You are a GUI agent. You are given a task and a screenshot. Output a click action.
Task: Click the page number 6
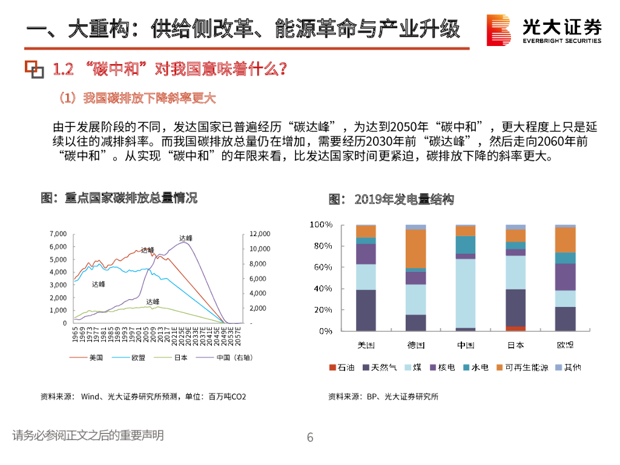point(310,437)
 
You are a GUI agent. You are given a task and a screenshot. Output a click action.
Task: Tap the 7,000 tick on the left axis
point(58,234)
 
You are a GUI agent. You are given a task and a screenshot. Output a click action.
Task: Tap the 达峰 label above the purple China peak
point(185,238)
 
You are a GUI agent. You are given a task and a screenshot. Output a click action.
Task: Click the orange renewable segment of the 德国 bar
point(416,248)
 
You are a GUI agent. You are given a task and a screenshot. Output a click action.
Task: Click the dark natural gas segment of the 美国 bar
point(366,310)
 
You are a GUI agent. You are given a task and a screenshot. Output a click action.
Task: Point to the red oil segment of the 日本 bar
point(515,329)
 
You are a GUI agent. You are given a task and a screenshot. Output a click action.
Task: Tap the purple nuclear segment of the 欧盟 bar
point(565,277)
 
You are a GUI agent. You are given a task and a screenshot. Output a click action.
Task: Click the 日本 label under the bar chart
point(515,345)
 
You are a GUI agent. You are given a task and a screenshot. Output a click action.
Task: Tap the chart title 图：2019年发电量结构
point(391,199)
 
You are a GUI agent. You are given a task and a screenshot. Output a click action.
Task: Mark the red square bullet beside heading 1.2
point(35,70)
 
